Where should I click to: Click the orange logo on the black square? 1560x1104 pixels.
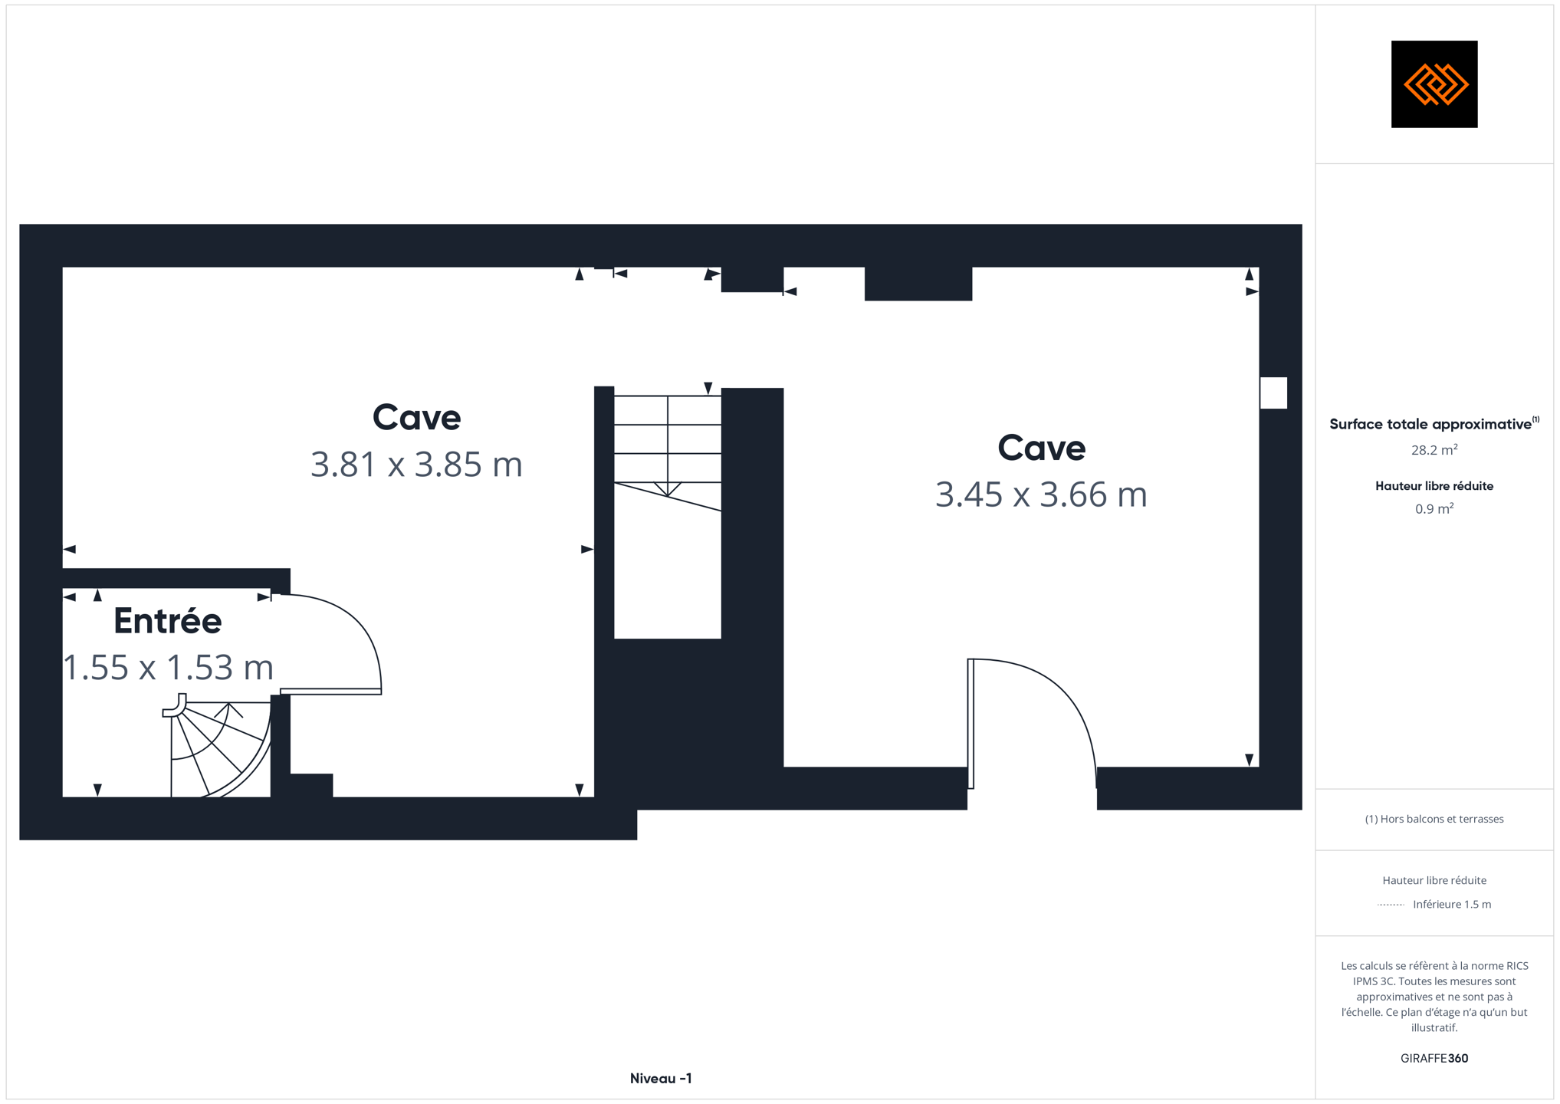pyautogui.click(x=1435, y=84)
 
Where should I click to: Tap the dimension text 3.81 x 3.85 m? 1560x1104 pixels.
pyautogui.click(x=416, y=465)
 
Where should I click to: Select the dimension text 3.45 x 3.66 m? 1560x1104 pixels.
pyautogui.click(x=1041, y=495)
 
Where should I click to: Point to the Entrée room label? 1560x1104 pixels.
pyautogui.click(x=168, y=620)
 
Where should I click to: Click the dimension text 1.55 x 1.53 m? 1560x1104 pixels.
pyautogui.click(x=168, y=667)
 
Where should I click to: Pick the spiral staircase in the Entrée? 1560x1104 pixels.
pyautogui.click(x=217, y=747)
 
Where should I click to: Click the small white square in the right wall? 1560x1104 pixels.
pyautogui.click(x=1273, y=393)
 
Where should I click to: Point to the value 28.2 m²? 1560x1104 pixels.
pyautogui.click(x=1434, y=450)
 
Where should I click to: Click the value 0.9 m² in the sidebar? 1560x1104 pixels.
pyautogui.click(x=1434, y=509)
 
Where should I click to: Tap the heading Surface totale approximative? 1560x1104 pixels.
pyautogui.click(x=1430, y=424)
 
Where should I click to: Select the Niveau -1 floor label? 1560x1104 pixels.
pyautogui.click(x=661, y=1079)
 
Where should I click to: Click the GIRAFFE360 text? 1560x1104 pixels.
pyautogui.click(x=1434, y=1059)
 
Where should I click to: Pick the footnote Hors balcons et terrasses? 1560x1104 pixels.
pyautogui.click(x=1434, y=820)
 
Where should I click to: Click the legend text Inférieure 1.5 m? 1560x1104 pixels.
pyautogui.click(x=1452, y=905)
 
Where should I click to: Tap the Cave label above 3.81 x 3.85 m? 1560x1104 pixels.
pyautogui.click(x=416, y=418)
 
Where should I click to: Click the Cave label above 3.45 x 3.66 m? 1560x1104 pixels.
pyautogui.click(x=1041, y=448)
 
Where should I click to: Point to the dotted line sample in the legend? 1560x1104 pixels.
pyautogui.click(x=1391, y=905)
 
